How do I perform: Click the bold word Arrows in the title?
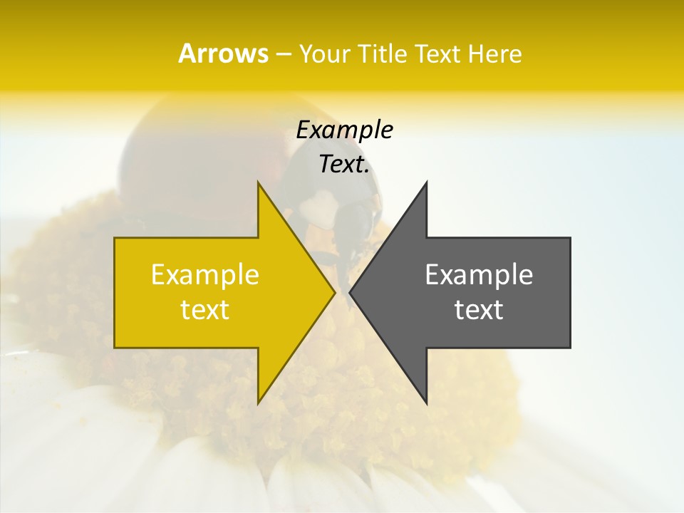tap(223, 53)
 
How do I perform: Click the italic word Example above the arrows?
tap(344, 130)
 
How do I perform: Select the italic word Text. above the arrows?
tap(344, 165)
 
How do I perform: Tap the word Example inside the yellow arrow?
tap(204, 275)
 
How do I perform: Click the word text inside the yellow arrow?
tap(204, 310)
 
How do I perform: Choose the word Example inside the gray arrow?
tap(479, 275)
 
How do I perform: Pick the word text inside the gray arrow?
tap(479, 310)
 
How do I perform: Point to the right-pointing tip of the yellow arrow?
tap(334, 292)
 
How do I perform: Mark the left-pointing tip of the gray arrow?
tap(351, 292)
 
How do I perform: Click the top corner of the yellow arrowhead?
tap(258, 182)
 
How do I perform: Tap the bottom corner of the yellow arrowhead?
tap(258, 403)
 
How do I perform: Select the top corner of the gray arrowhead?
tap(426, 182)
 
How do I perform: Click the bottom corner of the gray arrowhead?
tap(426, 403)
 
